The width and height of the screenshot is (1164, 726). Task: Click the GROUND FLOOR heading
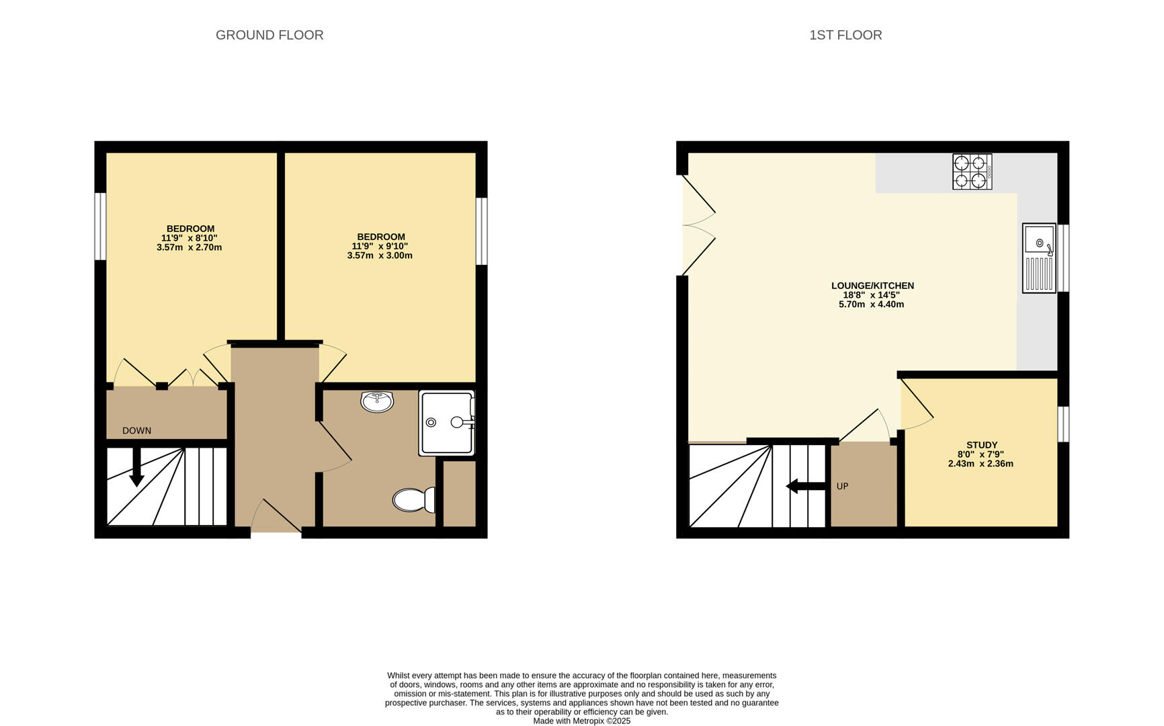tap(269, 35)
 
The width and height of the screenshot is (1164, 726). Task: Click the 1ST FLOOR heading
tap(845, 35)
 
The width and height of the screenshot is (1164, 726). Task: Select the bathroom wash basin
tap(377, 401)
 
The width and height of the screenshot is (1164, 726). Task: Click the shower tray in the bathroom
tap(447, 423)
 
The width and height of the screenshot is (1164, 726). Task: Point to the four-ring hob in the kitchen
tap(972, 171)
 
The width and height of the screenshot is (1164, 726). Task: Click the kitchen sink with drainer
tap(1039, 258)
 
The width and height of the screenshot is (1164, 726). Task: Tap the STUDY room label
tap(982, 445)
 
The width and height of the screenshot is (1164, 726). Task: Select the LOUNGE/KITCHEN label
tap(872, 286)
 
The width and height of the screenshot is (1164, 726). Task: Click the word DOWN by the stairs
tap(136, 431)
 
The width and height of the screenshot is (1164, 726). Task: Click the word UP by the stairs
tap(842, 486)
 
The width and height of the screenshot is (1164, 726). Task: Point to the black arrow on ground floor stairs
tap(136, 467)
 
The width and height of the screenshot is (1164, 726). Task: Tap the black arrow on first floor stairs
tap(806, 486)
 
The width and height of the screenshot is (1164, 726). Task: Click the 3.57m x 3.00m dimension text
tap(380, 255)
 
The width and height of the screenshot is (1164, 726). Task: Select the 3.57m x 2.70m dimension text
tap(189, 247)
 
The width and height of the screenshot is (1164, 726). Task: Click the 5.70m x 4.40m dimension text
tap(871, 305)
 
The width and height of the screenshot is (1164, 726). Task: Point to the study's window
tap(1063, 424)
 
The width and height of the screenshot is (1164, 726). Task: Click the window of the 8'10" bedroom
tap(100, 226)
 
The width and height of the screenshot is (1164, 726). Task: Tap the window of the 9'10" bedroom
tap(481, 231)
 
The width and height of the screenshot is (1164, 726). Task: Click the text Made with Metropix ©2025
tap(582, 721)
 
